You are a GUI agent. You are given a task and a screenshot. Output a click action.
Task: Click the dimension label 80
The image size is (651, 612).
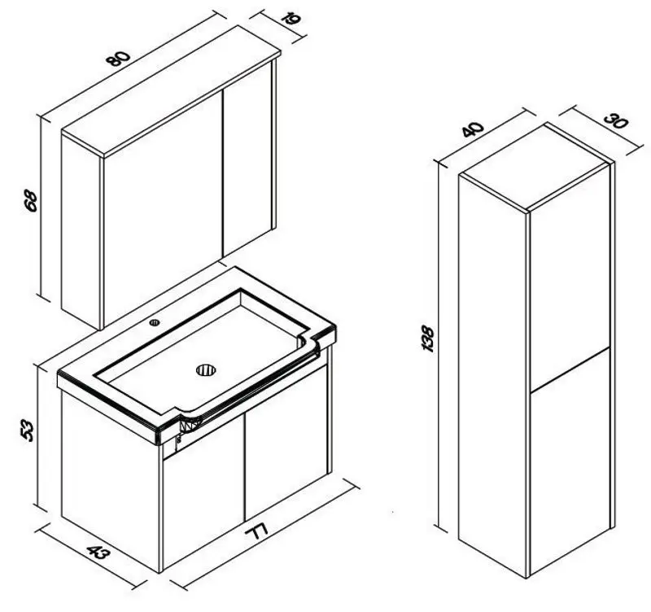[118, 58]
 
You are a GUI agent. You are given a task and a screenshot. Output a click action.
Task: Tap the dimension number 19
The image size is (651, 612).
[291, 19]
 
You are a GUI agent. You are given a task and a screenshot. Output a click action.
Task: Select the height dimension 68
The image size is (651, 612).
[31, 200]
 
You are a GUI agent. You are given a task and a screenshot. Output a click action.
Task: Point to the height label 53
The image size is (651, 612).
[27, 431]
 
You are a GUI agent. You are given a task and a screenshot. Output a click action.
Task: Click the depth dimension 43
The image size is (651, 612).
[98, 553]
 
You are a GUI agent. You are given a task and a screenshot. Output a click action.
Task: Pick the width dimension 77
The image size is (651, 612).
[256, 531]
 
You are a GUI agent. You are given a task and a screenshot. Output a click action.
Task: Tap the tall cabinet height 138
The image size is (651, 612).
[428, 339]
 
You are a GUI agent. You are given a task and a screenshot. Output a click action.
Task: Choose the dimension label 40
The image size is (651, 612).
[473, 129]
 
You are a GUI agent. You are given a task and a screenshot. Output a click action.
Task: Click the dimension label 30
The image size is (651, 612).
[616, 120]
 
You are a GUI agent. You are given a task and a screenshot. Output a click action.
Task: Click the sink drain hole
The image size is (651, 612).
[207, 369]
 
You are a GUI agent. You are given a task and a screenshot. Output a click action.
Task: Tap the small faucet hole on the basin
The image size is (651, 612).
[155, 321]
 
